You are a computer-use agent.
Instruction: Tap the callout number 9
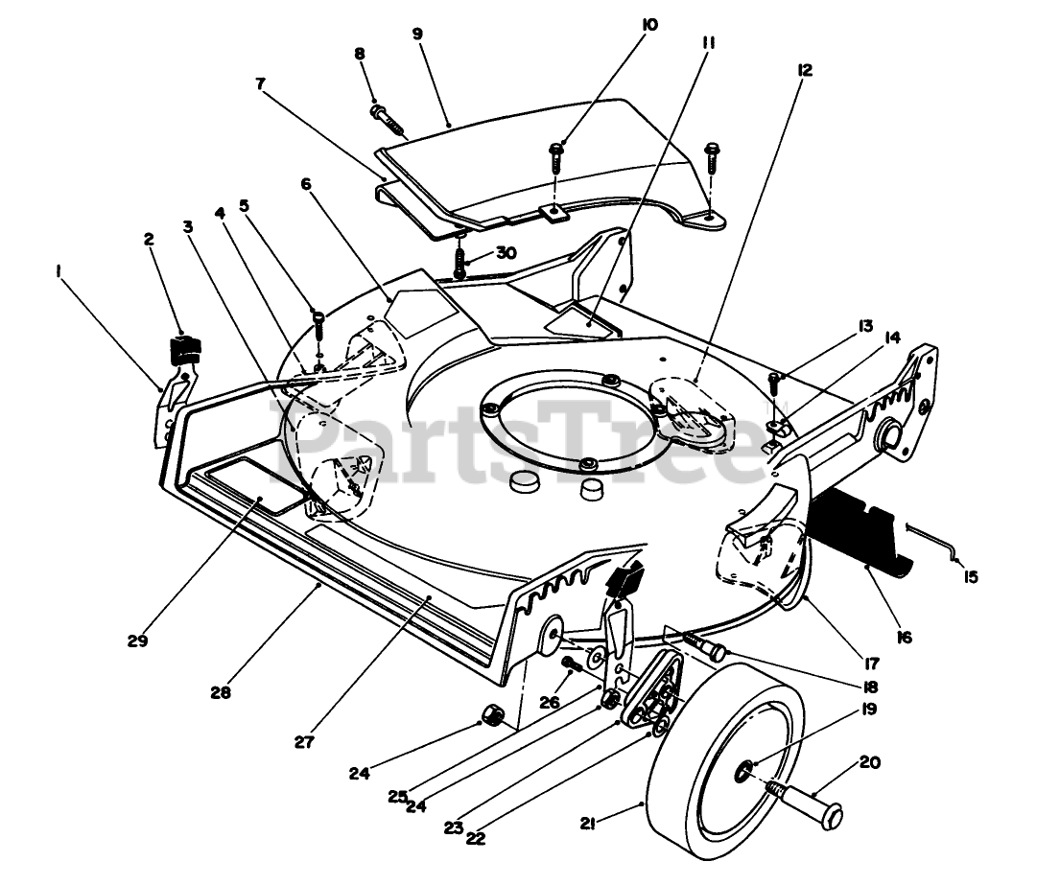tap(417, 33)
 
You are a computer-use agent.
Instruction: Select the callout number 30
tap(506, 252)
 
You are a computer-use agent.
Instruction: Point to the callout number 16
tap(905, 637)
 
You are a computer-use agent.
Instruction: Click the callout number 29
tap(137, 641)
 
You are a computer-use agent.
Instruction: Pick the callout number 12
tap(804, 69)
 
